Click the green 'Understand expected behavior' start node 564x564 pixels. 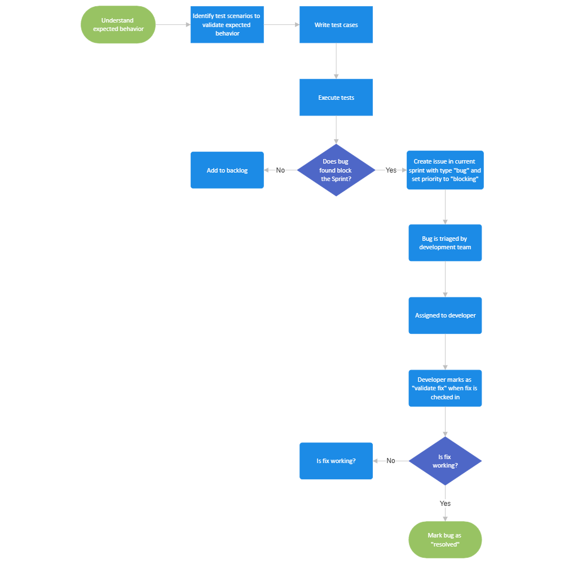[x=118, y=25]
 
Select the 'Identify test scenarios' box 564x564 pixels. [x=227, y=25]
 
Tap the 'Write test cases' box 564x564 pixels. [x=336, y=25]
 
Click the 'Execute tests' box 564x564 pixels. [x=336, y=98]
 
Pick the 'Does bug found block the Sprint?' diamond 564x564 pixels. [x=336, y=170]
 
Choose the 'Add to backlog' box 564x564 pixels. [x=227, y=170]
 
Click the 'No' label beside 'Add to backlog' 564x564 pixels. [x=280, y=170]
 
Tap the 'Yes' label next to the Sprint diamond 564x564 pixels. [x=391, y=170]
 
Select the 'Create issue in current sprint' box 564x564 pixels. [x=445, y=170]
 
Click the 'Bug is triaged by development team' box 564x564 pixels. [x=445, y=243]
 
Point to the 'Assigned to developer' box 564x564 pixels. [x=445, y=316]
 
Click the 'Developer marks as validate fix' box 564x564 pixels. [x=445, y=389]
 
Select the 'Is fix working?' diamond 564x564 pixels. [x=445, y=461]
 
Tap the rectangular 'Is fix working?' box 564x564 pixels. [x=336, y=461]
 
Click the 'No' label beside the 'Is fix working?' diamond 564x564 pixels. [x=391, y=461]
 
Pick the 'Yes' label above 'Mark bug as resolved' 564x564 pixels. [x=445, y=503]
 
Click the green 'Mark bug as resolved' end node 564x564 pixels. [x=445, y=540]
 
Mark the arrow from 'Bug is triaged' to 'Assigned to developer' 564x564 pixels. [x=445, y=279]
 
